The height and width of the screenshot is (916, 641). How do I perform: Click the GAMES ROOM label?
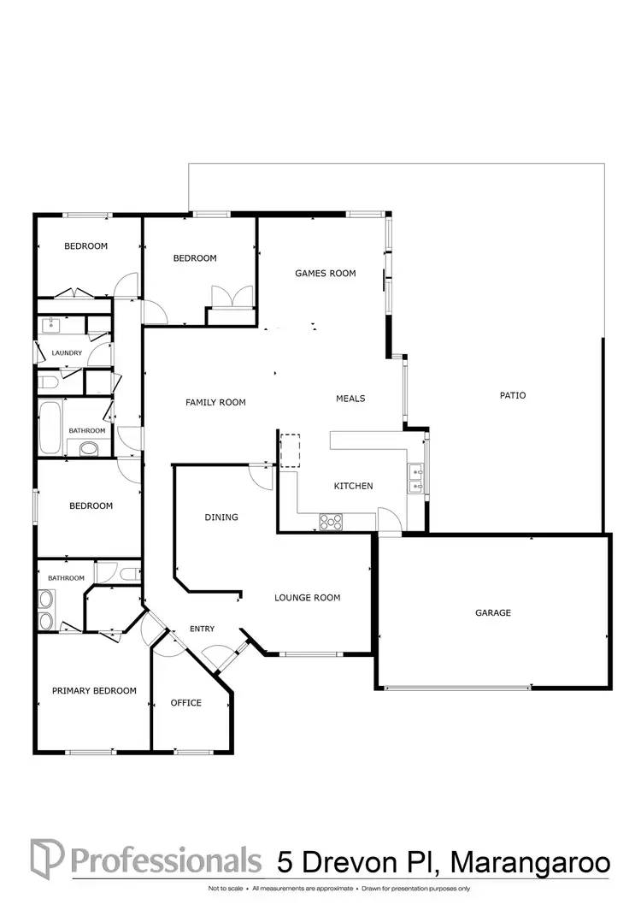pos(325,274)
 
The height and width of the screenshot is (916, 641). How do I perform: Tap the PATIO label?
pos(513,396)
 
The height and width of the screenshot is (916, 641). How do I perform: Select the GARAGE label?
pos(493,613)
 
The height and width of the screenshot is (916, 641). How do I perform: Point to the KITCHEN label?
pos(353,487)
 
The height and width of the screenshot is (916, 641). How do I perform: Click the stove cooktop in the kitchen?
pos(331,519)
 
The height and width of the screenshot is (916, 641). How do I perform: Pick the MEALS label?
pos(350,399)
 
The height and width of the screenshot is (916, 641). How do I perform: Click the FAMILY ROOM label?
pos(215,403)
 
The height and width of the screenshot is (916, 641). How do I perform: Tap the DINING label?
pos(221,517)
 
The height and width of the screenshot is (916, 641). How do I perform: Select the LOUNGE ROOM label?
pos(308,598)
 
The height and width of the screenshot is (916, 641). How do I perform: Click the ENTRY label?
pos(202,629)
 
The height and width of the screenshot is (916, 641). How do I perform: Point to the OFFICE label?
pos(186,703)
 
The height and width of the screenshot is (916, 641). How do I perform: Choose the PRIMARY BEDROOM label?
pos(94,691)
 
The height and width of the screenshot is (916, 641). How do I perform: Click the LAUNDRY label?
pos(67,353)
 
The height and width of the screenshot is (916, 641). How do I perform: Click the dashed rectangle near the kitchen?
pos(291,451)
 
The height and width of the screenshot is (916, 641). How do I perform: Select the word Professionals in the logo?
pos(166,859)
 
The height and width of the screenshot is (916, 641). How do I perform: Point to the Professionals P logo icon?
pos(44,857)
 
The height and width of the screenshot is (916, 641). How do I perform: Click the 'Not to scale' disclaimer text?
pos(226,889)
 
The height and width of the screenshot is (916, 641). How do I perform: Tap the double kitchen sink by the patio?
pos(416,478)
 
